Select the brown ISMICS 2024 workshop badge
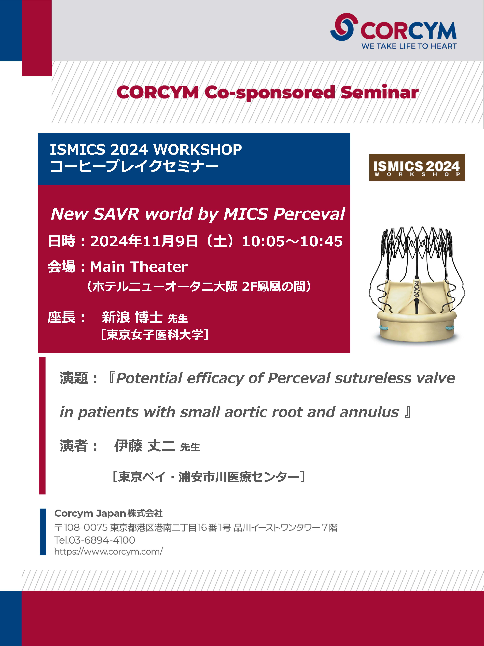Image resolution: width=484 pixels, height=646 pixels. click(x=417, y=168)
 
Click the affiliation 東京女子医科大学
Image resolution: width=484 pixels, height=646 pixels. click(x=155, y=335)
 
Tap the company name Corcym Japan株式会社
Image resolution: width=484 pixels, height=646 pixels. click(x=109, y=513)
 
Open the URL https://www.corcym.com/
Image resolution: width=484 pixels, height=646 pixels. click(x=109, y=552)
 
